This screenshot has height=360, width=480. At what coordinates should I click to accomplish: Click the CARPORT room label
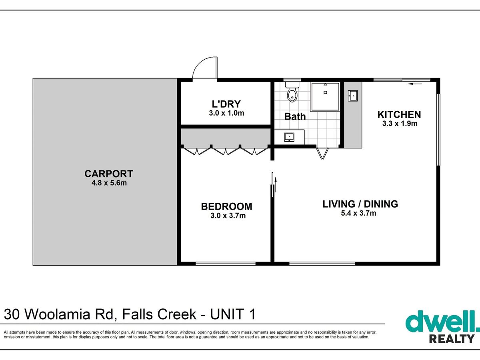click(x=109, y=174)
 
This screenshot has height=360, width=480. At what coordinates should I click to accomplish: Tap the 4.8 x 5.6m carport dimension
click(x=109, y=183)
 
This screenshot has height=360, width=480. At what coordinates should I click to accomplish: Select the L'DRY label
click(x=226, y=104)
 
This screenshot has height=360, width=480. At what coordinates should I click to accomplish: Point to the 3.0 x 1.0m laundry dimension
click(x=226, y=113)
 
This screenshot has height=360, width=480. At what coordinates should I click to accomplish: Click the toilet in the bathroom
click(x=292, y=92)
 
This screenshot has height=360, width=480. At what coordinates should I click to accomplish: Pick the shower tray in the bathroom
click(x=325, y=97)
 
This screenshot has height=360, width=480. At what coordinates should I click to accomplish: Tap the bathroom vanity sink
click(x=289, y=137)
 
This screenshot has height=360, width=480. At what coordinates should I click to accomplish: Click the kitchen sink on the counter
click(x=353, y=96)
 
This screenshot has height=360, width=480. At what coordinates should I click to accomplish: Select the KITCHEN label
click(x=399, y=115)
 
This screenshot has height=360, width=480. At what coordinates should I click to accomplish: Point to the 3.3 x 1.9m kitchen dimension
click(x=400, y=124)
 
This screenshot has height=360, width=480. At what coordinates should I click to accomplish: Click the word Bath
click(x=295, y=116)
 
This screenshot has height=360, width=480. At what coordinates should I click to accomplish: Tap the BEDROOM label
click(x=226, y=206)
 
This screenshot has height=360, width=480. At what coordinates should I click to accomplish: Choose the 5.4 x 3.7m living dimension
click(x=358, y=213)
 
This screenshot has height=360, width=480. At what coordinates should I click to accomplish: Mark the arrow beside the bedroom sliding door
click(x=276, y=185)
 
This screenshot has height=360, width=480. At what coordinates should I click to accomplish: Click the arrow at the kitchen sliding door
click(x=415, y=84)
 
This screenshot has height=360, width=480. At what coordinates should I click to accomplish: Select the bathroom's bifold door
click(x=322, y=154)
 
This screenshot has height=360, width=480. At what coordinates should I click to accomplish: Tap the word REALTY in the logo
click(x=452, y=339)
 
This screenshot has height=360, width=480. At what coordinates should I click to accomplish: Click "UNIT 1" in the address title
click(x=233, y=314)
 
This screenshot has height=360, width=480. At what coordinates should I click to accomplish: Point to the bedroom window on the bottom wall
click(x=226, y=264)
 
